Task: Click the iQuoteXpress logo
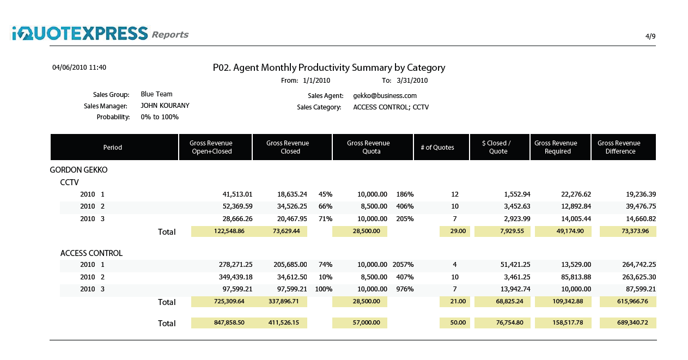coord(80,34)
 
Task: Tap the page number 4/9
coord(650,36)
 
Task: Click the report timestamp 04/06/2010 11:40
coord(79,68)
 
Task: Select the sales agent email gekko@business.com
coord(385,95)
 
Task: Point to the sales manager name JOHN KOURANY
coord(165,106)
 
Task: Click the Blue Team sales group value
coord(156,94)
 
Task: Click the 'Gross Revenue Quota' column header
coord(368,148)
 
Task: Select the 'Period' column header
coord(113,148)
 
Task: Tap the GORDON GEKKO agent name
coord(78,170)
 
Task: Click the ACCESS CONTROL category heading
coord(91,253)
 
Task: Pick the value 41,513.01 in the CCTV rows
coord(237,194)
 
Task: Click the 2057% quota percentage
coord(403,265)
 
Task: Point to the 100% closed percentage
coord(324,289)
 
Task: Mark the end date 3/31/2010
coord(412,81)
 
